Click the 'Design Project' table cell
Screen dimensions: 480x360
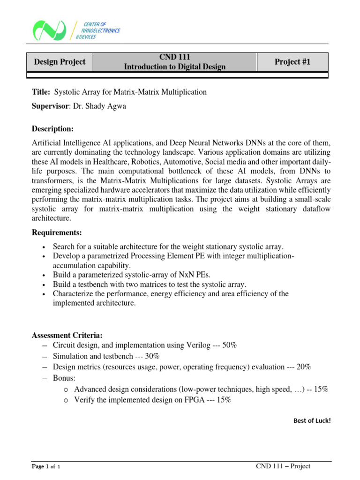pos(60,62)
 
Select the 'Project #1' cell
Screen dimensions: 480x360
pos(293,62)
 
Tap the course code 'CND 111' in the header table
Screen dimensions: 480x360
pos(174,57)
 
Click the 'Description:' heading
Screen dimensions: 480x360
pos(52,129)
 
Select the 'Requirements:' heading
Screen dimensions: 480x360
pos(56,232)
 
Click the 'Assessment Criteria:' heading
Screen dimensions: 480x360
pos(67,335)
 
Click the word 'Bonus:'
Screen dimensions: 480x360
pos(64,378)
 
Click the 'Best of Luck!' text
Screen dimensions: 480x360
pos(312,420)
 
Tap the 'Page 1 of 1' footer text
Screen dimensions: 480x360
pos(46,467)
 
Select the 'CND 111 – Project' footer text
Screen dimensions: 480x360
pos(283,466)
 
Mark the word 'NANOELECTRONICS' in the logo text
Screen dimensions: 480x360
pos(100,30)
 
